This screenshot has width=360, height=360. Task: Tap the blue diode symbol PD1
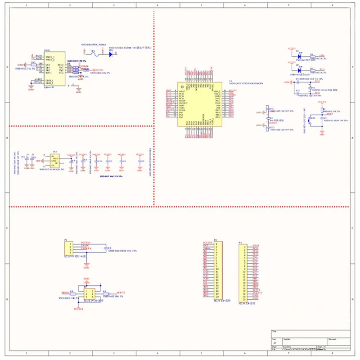(x=110, y=54)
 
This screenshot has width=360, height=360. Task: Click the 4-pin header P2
(x=70, y=248)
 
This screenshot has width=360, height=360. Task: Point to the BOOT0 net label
(x=121, y=293)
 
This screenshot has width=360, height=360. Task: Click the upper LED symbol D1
(x=299, y=57)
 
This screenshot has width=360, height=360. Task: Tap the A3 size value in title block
(x=274, y=343)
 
